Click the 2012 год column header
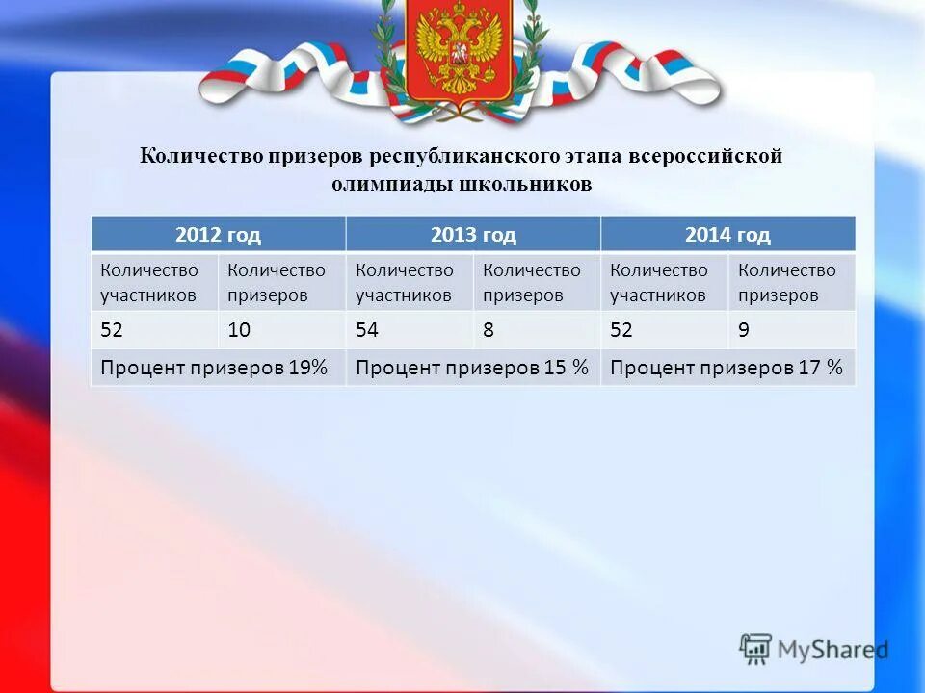coord(218,234)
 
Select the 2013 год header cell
coord(472,234)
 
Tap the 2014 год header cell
coord(727,234)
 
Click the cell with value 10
coord(239,330)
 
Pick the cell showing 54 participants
coord(366,330)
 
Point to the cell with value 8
coord(489,330)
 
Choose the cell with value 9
coord(744,330)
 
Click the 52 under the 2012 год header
coord(111,330)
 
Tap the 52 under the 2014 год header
coord(621,330)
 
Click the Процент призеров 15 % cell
coord(472,367)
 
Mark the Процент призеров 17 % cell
coord(727,367)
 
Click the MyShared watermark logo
coord(812,648)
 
